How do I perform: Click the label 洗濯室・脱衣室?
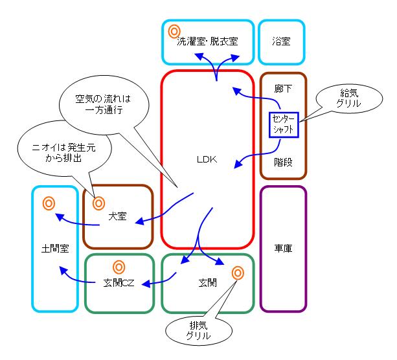tap(207, 41)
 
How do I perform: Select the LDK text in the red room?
tap(207, 159)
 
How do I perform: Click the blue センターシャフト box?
tap(282, 124)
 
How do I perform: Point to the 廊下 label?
tap(283, 89)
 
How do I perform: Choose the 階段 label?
tap(283, 162)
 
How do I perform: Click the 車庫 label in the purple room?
tap(282, 248)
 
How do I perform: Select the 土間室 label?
tap(54, 248)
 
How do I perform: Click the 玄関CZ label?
tap(119, 283)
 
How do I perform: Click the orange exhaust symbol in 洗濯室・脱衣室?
tap(174, 30)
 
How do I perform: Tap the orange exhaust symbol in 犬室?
tap(98, 203)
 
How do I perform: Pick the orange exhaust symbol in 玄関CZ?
tap(119, 266)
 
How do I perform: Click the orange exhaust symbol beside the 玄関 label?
tap(238, 273)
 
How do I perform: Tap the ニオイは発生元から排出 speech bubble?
tap(65, 152)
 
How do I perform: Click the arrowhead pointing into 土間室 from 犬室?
tap(59, 217)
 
